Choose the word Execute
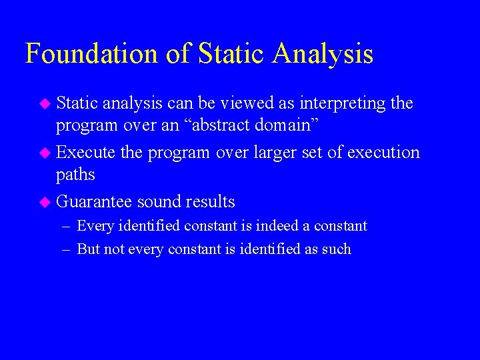coord(86,153)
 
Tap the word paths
coord(75,175)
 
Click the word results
coord(210,201)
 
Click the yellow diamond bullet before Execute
coord(45,153)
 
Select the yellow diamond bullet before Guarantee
coord(45,201)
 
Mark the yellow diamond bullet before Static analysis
coord(45,103)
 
